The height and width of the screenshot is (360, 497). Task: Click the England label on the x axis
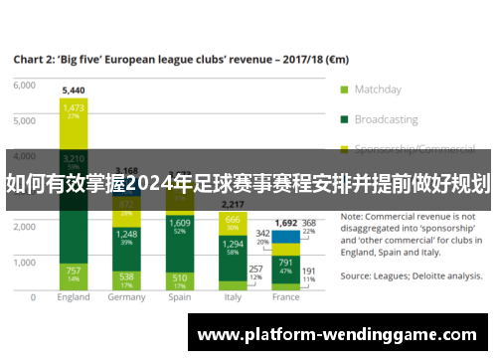click(74, 297)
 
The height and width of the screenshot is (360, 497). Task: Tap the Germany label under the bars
click(126, 297)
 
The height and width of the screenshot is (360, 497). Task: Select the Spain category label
click(180, 297)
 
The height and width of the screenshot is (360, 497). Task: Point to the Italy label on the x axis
click(233, 297)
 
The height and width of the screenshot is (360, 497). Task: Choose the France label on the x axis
click(285, 297)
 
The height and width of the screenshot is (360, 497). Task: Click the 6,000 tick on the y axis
click(24, 86)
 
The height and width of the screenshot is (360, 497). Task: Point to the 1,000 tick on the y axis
click(24, 262)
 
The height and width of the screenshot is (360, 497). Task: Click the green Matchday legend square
click(344, 89)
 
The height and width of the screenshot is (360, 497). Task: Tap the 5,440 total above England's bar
click(74, 90)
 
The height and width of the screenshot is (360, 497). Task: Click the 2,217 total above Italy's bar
click(233, 204)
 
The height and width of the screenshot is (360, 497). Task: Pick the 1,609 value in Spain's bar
click(180, 223)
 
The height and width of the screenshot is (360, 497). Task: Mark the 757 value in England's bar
click(74, 270)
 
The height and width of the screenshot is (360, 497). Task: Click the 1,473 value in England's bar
click(74, 106)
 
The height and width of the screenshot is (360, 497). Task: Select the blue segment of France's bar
click(285, 237)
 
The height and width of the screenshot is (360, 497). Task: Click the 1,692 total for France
click(285, 224)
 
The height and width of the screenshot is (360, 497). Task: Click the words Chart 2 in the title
click(37, 59)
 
